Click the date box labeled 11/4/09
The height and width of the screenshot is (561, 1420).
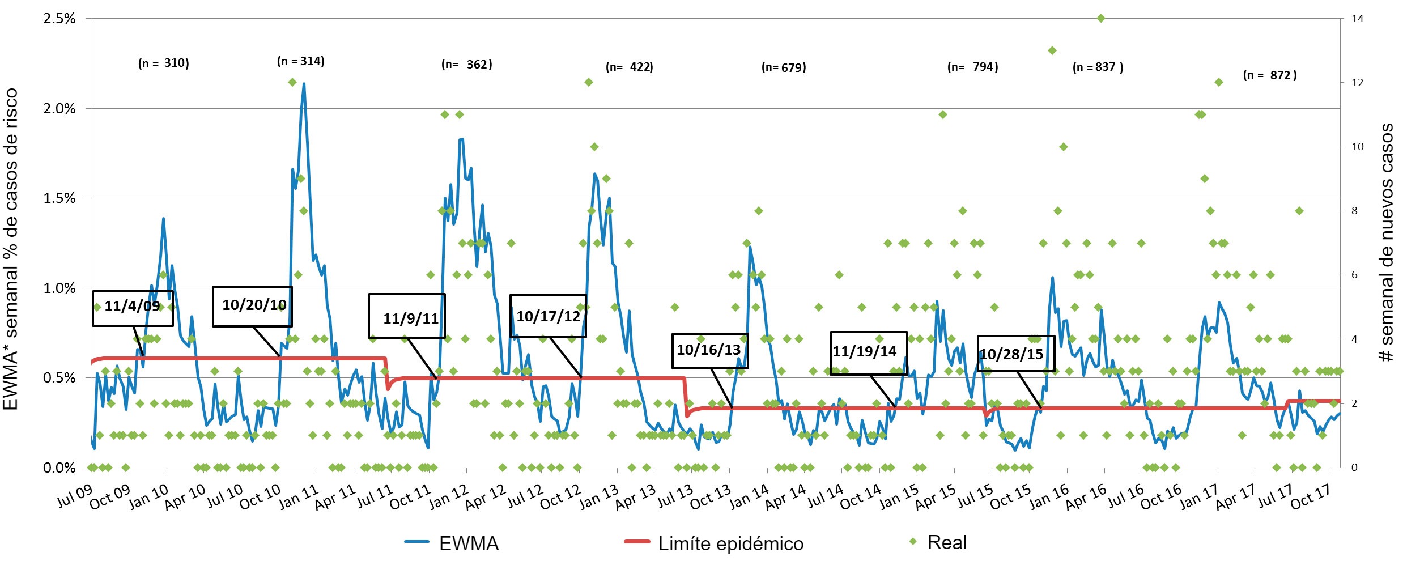point(133,308)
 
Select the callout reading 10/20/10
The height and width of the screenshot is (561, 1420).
point(252,306)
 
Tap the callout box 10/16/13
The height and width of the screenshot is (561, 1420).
point(709,350)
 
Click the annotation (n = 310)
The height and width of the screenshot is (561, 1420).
point(163,63)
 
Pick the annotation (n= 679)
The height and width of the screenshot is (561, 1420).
point(783,68)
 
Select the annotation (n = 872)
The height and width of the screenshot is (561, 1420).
point(1269,75)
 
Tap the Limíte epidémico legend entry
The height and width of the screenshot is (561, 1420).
point(714,543)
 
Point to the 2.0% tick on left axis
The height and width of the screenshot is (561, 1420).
point(59,109)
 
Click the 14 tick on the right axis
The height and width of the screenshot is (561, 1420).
point(1357,19)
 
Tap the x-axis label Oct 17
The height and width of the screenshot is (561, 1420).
point(1310,497)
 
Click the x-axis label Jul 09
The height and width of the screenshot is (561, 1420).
point(75,497)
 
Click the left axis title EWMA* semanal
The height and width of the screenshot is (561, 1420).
point(11,249)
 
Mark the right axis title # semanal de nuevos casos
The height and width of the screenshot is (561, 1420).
point(1387,243)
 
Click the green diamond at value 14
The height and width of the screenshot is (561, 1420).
point(1101,19)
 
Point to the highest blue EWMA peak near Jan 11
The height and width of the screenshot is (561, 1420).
point(304,84)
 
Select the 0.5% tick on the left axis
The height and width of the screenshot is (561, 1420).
point(59,378)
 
